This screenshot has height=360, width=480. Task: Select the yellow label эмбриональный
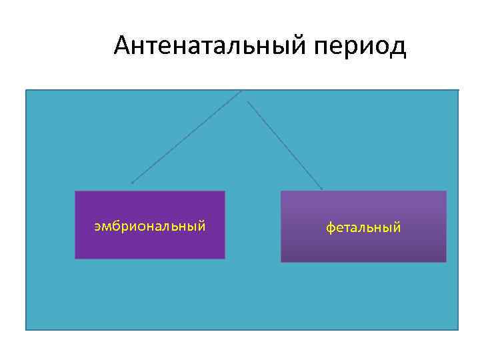(149, 226)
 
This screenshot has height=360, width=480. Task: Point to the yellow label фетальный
(363, 228)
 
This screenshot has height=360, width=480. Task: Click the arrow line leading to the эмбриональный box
(187, 137)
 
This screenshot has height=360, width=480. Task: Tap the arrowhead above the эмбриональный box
(132, 182)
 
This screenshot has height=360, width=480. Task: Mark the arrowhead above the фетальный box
(322, 189)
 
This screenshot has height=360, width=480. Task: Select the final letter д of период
(397, 48)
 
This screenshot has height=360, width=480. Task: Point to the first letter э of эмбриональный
(97, 227)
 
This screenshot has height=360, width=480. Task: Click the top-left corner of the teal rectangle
(27, 90)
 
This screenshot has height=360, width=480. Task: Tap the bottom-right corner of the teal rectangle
(458, 329)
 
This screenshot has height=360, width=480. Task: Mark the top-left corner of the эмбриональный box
(75, 192)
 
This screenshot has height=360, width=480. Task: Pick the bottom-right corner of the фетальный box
(445, 261)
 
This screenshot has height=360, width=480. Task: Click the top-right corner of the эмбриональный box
(225, 192)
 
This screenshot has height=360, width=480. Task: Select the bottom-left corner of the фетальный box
(281, 261)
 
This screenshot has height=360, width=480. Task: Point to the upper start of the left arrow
(241, 91)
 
